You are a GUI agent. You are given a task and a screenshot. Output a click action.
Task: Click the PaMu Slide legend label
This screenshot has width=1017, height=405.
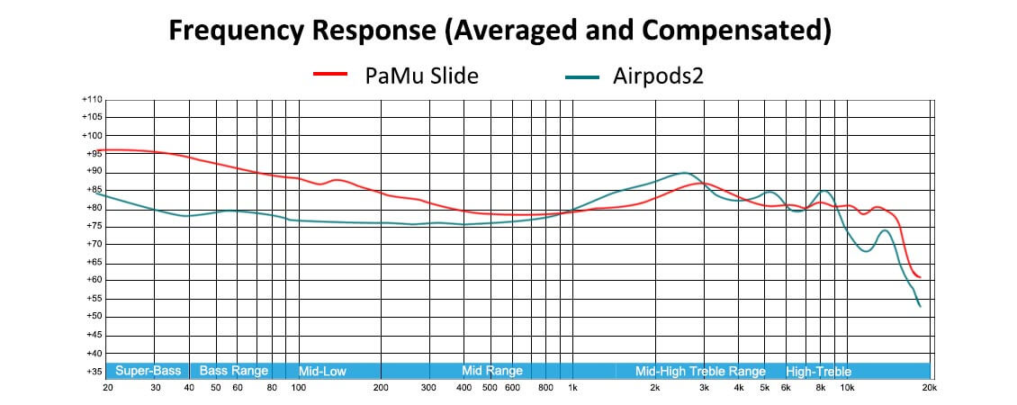pyautogui.click(x=421, y=76)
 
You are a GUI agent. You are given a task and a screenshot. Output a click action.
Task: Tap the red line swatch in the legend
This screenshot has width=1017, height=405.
pyautogui.click(x=329, y=76)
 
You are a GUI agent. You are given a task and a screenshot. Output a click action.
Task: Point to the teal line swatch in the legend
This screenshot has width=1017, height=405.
pyautogui.click(x=582, y=76)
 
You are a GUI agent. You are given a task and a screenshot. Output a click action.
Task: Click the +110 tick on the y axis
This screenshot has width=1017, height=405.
pyautogui.click(x=92, y=99)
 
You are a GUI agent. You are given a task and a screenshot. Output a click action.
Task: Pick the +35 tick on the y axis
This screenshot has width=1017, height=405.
pyautogui.click(x=94, y=371)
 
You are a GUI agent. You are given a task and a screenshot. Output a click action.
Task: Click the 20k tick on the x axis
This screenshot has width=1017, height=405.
pyautogui.click(x=929, y=388)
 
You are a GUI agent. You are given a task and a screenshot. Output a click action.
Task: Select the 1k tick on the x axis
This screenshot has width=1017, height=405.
pyautogui.click(x=572, y=388)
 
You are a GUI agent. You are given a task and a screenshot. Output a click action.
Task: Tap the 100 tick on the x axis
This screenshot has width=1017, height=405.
pyautogui.click(x=298, y=388)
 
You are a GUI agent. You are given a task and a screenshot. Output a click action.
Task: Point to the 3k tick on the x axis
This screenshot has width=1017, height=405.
pyautogui.click(x=703, y=388)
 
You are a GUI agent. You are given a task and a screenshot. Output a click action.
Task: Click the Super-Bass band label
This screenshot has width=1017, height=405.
pyautogui.click(x=148, y=371)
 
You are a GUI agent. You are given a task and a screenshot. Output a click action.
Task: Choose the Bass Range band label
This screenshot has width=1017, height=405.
pyautogui.click(x=233, y=371)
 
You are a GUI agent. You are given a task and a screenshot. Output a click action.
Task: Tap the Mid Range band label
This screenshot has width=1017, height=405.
pyautogui.click(x=491, y=371)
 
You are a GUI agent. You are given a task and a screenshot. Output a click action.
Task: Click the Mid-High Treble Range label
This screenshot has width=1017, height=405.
pyautogui.click(x=700, y=371)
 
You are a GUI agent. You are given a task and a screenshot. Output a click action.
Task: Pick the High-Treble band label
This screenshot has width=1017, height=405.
pyautogui.click(x=818, y=371)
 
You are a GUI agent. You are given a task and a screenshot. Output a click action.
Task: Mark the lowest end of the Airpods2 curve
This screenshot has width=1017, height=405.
pyautogui.click(x=920, y=307)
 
